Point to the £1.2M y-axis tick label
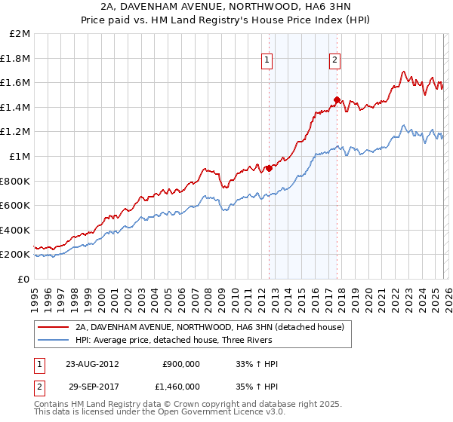coord(17,132)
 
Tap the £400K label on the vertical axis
coord(17,230)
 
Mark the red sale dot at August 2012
coord(270,169)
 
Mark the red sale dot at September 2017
coord(337,99)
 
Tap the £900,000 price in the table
coord(181,363)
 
